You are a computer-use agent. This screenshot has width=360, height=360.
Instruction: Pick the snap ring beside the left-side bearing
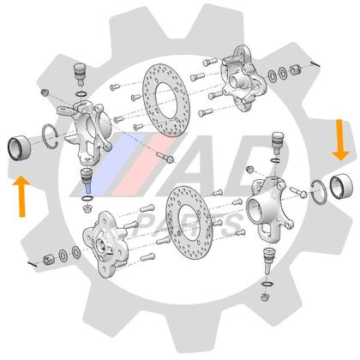(x=49, y=135)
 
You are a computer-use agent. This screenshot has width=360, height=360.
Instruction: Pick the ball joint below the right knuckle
(x=269, y=254)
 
